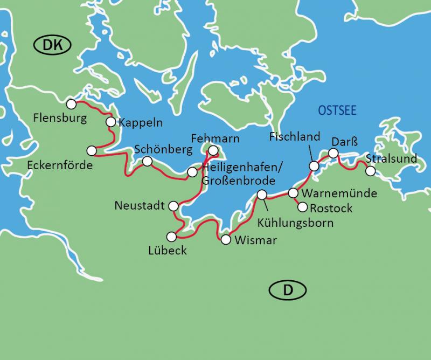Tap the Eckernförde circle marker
click(x=91, y=150)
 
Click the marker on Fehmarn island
click(x=213, y=150)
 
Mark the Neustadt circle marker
click(x=173, y=205)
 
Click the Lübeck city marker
click(x=171, y=236)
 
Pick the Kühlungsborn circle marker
click(x=262, y=195)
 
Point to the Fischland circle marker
click(x=312, y=165)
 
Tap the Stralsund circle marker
click(x=370, y=171)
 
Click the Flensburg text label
click(x=59, y=116)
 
